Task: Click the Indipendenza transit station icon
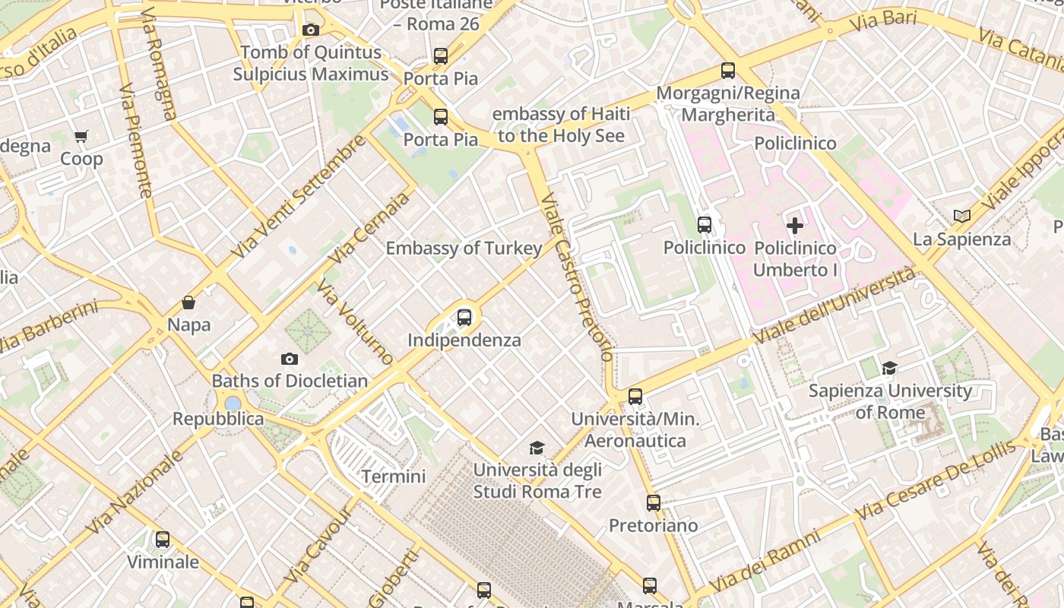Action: point(464,318)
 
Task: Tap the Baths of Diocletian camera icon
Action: point(290,359)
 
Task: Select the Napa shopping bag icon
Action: point(188,302)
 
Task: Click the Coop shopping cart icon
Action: point(81,137)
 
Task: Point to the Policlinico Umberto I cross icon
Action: point(795,226)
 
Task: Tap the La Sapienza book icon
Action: point(962,217)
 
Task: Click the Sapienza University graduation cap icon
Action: point(889,369)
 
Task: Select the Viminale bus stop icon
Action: point(163,540)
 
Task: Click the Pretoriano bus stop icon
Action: point(654,503)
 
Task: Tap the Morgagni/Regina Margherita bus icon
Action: point(728,71)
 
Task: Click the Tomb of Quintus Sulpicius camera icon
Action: point(310,30)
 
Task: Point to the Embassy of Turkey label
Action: point(464,249)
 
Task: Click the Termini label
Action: point(393,477)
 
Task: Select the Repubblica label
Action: point(218,419)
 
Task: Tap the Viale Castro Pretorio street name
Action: point(576,277)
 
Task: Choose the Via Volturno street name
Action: point(355,321)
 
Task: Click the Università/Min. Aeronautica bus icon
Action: point(635,397)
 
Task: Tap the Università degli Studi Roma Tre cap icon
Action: point(537,448)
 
